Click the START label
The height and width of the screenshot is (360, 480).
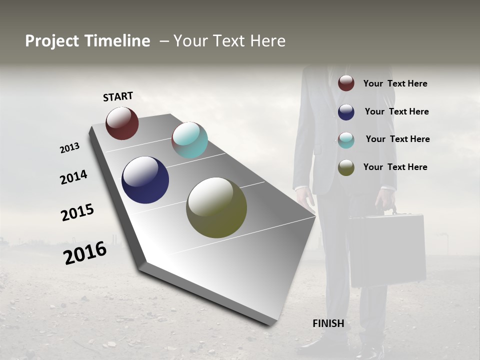tap(118, 96)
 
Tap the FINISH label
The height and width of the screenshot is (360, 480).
tap(328, 323)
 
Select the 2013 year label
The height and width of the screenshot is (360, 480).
tap(69, 148)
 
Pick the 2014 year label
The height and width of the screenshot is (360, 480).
tap(73, 177)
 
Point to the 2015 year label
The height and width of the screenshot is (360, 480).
tap(77, 212)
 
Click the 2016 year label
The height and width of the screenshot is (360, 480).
tap(85, 253)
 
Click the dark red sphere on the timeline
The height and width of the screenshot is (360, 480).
tap(122, 123)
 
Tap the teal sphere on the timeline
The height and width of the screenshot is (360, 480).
tap(189, 140)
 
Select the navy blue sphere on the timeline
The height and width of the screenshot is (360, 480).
tap(145, 180)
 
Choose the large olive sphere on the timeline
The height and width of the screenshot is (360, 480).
tap(216, 207)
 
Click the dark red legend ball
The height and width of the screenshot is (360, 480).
tap(346, 83)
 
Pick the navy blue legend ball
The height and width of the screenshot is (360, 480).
tap(346, 111)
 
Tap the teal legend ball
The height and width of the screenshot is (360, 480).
tap(346, 140)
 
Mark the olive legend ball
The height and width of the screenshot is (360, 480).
tap(346, 167)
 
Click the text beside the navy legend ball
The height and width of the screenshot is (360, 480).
tap(396, 111)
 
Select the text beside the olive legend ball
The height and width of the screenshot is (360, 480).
tap(395, 167)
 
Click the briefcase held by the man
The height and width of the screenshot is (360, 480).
tap(387, 250)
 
